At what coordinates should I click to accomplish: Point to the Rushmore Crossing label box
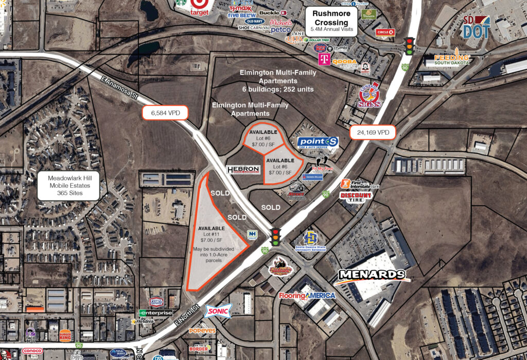click(331, 22)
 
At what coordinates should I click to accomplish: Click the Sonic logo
click(219, 310)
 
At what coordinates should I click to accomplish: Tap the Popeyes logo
click(202, 331)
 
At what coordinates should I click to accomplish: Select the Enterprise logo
click(155, 313)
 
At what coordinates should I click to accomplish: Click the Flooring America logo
click(307, 296)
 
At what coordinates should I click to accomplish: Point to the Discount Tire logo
click(356, 196)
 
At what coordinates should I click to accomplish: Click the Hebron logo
click(243, 170)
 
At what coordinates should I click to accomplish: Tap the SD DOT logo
click(476, 27)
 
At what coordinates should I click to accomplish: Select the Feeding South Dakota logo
click(451, 59)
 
